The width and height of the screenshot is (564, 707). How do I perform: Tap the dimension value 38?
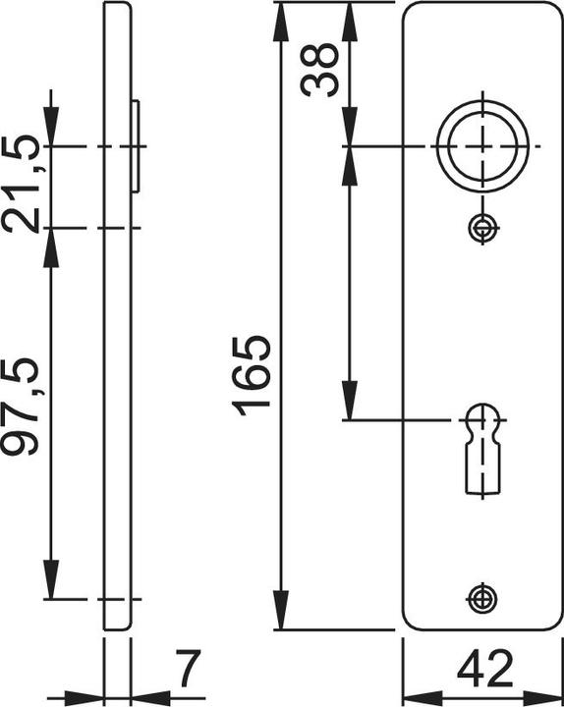(320, 69)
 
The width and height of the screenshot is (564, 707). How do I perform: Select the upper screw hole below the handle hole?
(480, 228)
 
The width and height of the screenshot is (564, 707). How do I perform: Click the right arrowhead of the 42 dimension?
(546, 693)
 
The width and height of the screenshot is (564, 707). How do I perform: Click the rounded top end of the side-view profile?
(117, 8)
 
